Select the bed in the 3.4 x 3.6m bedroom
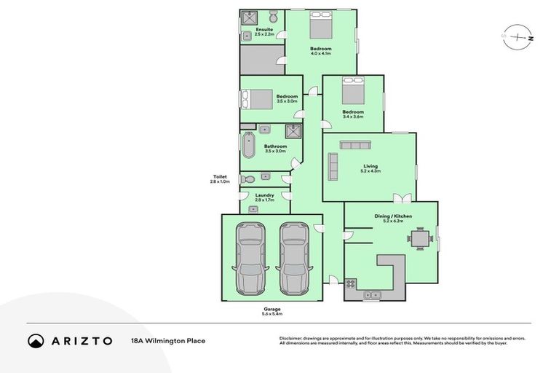(353, 91)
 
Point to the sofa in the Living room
(333, 166)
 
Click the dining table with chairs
(419, 237)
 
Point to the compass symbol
(518, 36)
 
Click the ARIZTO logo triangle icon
(36, 340)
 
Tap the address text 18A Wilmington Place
(167, 340)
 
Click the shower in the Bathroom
(294, 131)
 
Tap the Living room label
(370, 166)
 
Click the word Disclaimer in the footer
(292, 338)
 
